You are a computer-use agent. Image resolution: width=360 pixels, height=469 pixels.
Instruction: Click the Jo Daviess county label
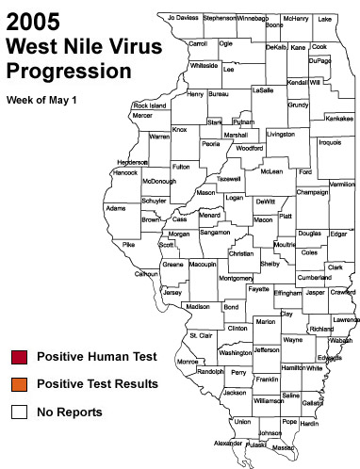pos(183,18)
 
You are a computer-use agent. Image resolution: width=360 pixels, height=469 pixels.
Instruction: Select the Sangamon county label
pos(214,232)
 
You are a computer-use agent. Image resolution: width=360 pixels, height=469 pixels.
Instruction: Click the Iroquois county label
pos(330,142)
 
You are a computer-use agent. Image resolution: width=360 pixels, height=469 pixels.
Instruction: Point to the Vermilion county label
pos(341,185)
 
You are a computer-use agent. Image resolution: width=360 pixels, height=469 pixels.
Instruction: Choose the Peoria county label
pos(210,144)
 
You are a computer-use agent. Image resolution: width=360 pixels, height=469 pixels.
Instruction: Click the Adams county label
pos(115,207)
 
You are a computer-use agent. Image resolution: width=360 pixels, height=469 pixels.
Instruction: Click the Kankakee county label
pos(338,119)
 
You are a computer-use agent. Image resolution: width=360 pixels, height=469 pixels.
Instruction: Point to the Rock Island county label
pos(150,105)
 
